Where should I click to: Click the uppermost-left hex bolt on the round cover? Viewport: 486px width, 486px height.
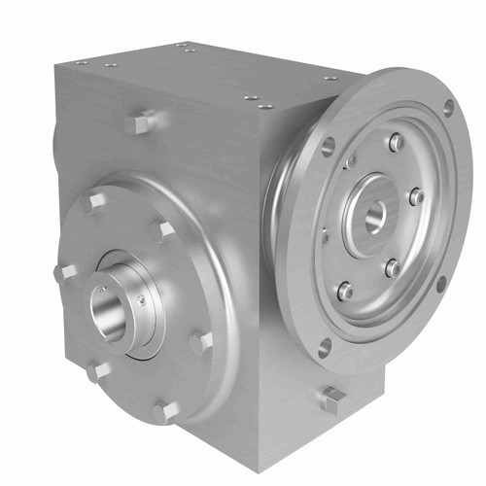pyautogui.click(x=94, y=201)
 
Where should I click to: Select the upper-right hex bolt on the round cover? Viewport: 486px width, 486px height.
pyautogui.click(x=163, y=230)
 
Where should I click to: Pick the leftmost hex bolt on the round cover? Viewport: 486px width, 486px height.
pyautogui.click(x=65, y=272)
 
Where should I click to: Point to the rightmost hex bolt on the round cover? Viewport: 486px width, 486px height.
pyautogui.click(x=200, y=341)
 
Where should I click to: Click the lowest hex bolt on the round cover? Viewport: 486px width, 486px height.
pyautogui.click(x=165, y=410)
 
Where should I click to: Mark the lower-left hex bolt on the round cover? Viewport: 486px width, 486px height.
pyautogui.click(x=97, y=370)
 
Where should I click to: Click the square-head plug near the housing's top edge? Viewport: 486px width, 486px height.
pyautogui.click(x=139, y=121)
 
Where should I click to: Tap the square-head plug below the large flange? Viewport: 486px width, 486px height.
pyautogui.click(x=332, y=398)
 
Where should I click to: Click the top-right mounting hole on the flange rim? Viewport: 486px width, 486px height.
pyautogui.click(x=448, y=107)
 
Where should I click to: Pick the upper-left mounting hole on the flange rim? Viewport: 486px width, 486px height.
pyautogui.click(x=328, y=147)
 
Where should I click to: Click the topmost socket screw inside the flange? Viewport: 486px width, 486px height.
pyautogui.click(x=396, y=143)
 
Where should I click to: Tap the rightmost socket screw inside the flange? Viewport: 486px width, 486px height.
pyautogui.click(x=416, y=196)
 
